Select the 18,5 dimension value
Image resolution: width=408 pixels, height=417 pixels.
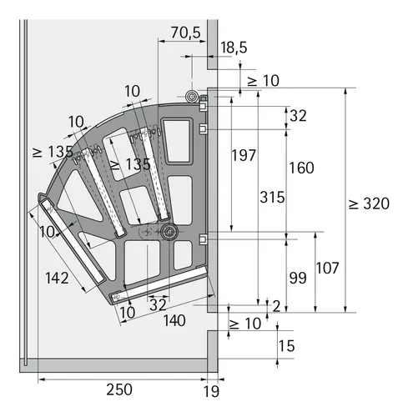[x=234, y=48]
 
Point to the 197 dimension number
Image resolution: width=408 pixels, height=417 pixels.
[x=243, y=156]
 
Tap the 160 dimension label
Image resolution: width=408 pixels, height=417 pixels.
[x=301, y=168]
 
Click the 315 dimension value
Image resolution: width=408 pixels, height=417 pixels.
[x=272, y=198]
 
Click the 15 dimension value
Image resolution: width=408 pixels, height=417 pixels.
[x=287, y=345]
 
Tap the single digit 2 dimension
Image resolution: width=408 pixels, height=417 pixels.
[x=276, y=306]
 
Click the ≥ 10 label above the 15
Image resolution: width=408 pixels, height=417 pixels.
[x=246, y=324]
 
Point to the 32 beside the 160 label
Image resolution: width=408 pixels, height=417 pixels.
[x=298, y=116]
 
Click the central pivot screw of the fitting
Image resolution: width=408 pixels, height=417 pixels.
[x=169, y=231]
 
